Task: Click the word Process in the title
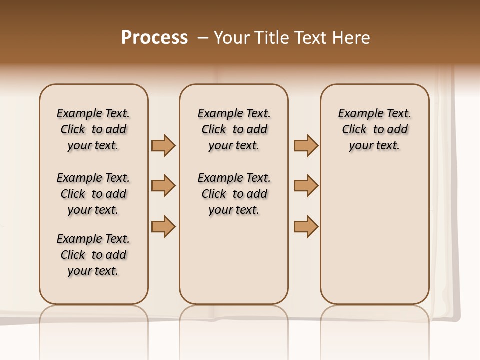pos(154,38)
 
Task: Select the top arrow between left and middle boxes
pos(163,145)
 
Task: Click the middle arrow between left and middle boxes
pos(163,186)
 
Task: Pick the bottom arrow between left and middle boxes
pos(163,226)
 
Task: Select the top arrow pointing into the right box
pos(306,145)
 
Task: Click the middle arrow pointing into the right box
pos(306,186)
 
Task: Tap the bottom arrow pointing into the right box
pos(306,226)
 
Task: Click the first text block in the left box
pos(93,129)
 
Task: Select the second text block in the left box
pos(93,194)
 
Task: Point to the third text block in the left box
pos(93,255)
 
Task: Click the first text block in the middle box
pos(234,129)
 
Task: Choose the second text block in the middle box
pos(234,194)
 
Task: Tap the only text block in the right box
pos(374,129)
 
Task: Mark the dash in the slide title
pos(202,38)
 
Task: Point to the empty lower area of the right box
pos(374,235)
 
